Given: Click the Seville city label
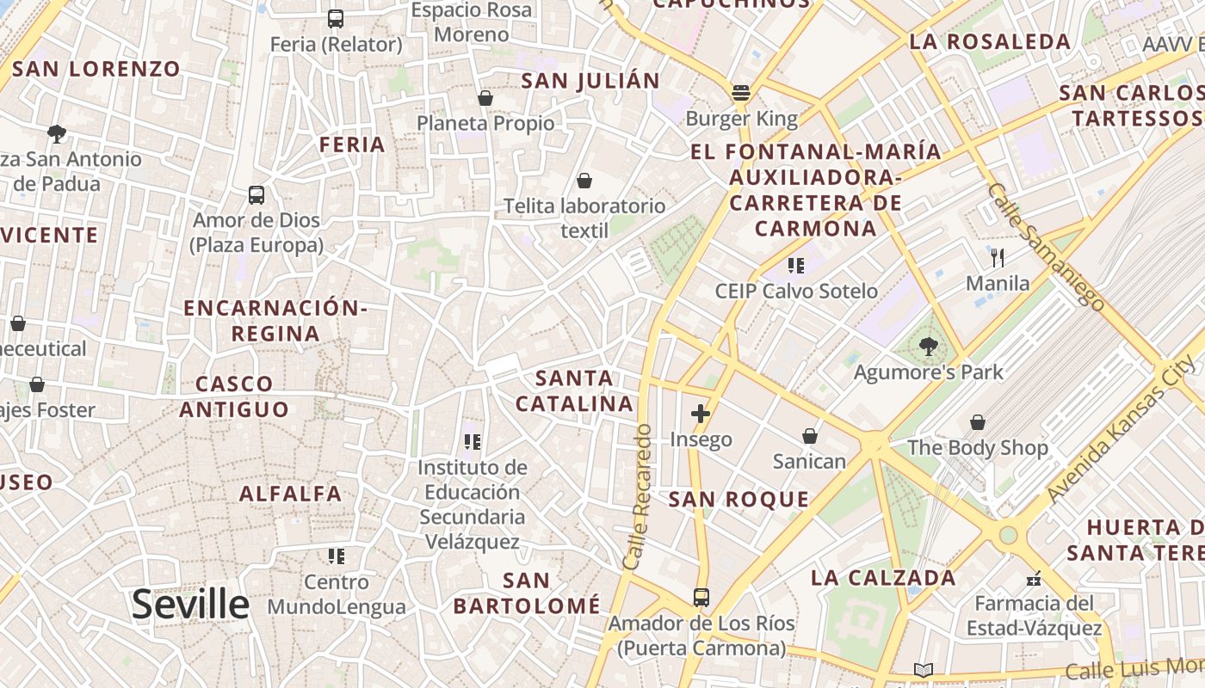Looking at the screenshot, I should click(x=190, y=605).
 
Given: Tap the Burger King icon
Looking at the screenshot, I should click(x=741, y=93).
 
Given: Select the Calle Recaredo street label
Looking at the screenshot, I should click(x=638, y=496).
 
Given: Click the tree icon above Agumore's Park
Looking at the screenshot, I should click(x=928, y=347).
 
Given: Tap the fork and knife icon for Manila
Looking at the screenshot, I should click(x=998, y=257).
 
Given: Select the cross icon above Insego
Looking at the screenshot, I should click(x=701, y=414).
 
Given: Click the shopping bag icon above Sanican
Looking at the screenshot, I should click(x=809, y=436).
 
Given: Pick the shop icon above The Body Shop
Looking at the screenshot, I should click(x=978, y=422).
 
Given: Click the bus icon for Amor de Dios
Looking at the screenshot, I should click(x=256, y=195).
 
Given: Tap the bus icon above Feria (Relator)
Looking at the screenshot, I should click(x=336, y=19).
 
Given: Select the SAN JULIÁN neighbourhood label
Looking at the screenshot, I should click(x=590, y=81).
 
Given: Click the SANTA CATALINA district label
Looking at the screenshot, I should click(x=574, y=390).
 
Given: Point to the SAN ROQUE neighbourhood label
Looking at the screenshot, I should click(x=738, y=499).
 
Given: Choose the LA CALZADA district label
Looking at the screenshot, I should click(x=883, y=577).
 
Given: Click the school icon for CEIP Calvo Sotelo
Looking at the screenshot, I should click(x=796, y=266).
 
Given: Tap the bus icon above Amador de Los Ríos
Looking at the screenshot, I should click(x=701, y=597).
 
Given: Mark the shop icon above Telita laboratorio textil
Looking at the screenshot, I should click(x=584, y=181).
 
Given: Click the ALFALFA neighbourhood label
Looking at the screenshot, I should click(x=290, y=494).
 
